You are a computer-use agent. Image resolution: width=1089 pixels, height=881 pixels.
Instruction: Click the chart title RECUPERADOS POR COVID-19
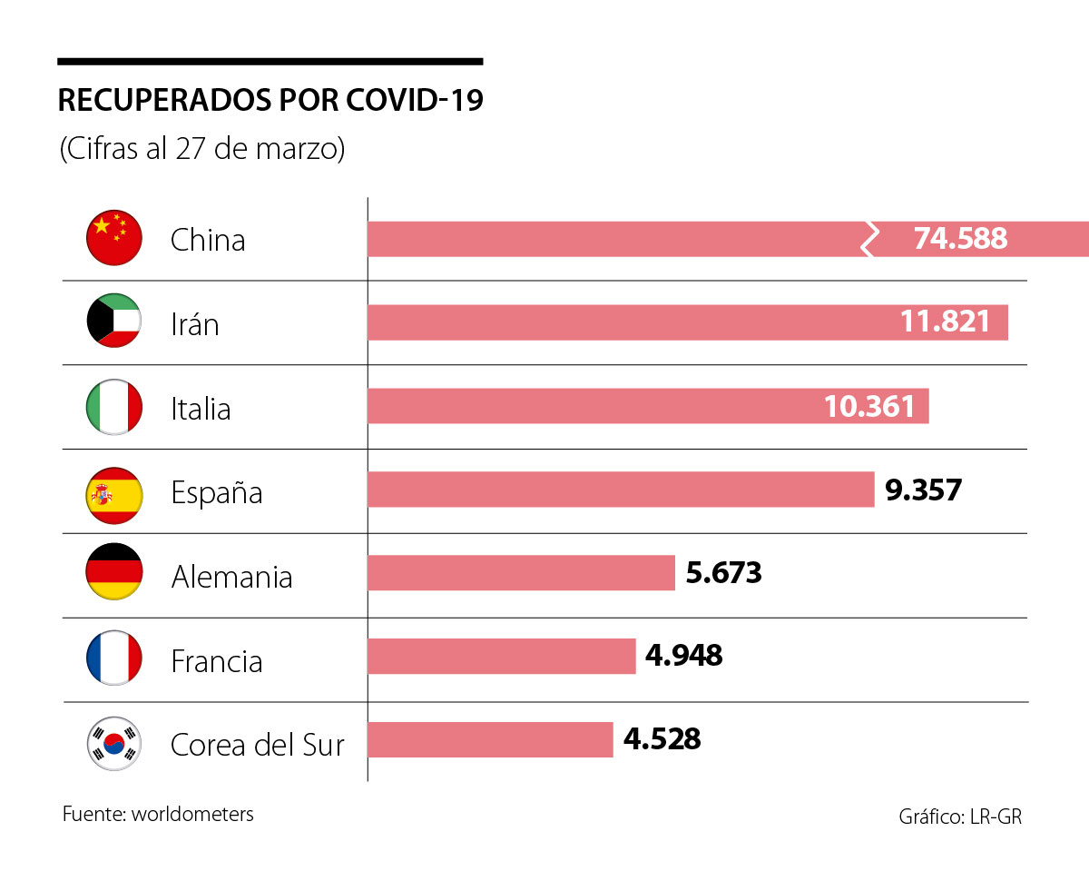(x=270, y=101)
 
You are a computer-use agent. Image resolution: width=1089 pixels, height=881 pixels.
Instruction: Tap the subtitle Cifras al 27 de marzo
(x=202, y=149)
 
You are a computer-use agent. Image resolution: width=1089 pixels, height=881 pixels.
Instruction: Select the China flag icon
(x=114, y=239)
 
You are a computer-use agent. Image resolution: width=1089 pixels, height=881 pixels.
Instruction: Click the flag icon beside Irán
(x=114, y=322)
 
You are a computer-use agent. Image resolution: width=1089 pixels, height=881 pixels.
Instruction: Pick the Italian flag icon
(x=114, y=407)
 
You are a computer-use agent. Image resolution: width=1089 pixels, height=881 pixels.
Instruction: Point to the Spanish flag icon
(x=114, y=492)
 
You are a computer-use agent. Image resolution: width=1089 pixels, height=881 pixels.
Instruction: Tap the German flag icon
(x=114, y=576)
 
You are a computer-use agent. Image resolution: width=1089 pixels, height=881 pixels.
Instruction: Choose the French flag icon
(x=114, y=660)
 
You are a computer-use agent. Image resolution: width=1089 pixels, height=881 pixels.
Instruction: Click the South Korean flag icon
(x=114, y=745)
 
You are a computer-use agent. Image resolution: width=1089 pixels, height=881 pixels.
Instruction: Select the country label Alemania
(x=231, y=577)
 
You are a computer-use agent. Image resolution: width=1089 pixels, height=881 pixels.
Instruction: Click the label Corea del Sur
(x=258, y=745)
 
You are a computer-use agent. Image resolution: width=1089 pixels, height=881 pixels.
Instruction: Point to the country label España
(x=217, y=493)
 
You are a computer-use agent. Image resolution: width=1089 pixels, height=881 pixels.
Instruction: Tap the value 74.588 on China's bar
(x=960, y=238)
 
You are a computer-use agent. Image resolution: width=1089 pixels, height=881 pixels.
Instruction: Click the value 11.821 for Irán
(x=945, y=322)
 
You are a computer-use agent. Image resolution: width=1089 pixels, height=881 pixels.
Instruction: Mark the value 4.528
(x=662, y=738)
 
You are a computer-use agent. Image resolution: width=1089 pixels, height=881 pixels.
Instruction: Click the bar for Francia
(x=501, y=656)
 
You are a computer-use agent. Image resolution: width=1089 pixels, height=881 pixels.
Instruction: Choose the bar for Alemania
(x=521, y=572)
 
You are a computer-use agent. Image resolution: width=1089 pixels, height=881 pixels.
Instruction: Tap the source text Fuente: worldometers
(x=158, y=814)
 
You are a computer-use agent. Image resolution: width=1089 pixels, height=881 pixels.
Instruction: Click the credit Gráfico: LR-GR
(x=960, y=817)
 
